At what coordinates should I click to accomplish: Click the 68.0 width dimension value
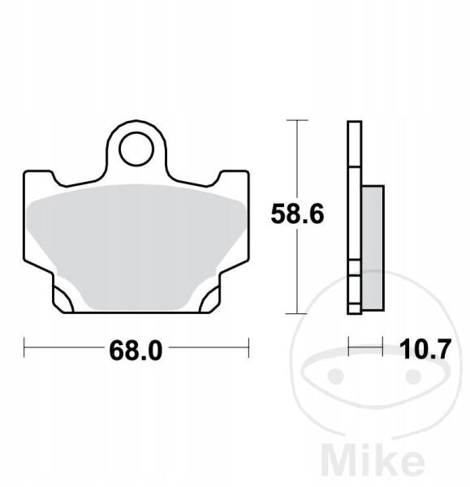136,351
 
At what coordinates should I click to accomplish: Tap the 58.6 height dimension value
297,214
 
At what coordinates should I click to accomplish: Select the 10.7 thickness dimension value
425,349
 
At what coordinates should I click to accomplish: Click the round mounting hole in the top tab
136,149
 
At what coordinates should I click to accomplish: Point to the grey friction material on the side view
373,248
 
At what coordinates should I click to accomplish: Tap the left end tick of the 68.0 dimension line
24,347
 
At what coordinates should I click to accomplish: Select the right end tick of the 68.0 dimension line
248,347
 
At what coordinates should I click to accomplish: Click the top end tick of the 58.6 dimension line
297,120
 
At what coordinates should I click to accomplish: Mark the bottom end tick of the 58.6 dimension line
297,313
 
